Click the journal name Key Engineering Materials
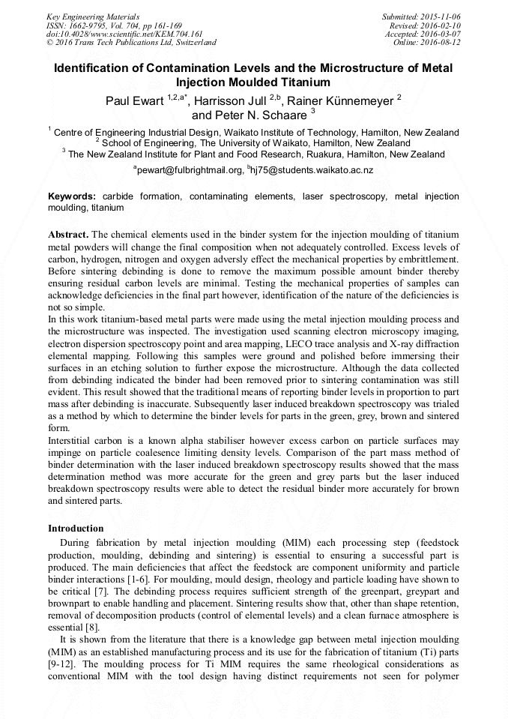93,16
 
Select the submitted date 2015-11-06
442,16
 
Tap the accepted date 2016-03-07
442,34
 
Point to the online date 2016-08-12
442,43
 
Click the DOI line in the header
124,34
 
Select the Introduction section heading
76,529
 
